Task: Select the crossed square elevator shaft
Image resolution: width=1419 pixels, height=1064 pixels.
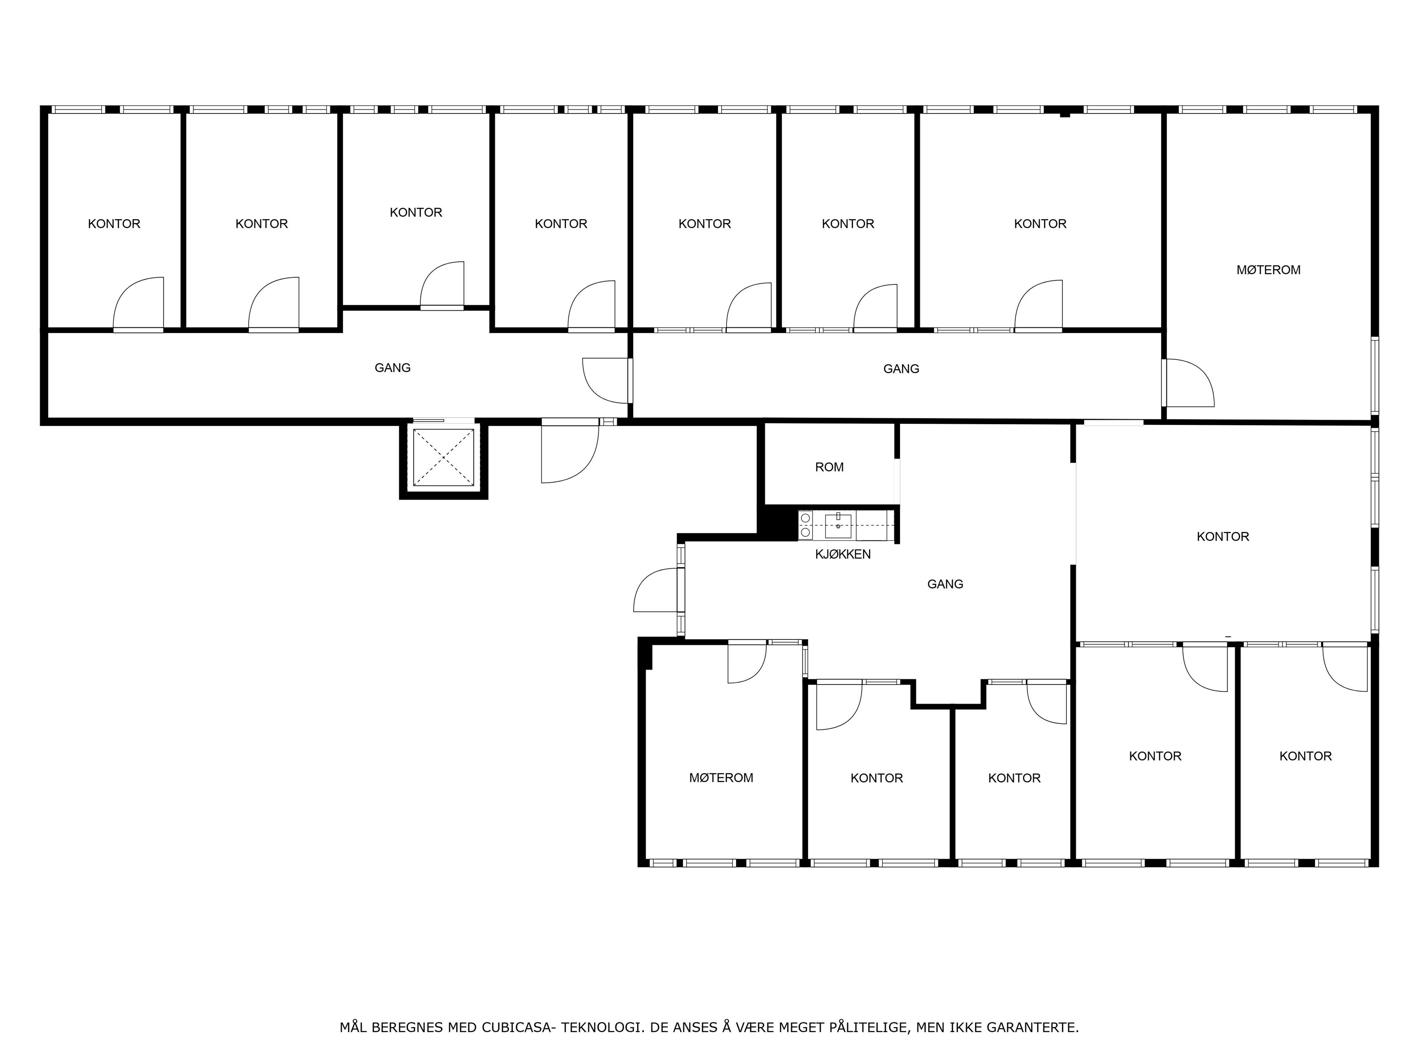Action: pyautogui.click(x=443, y=457)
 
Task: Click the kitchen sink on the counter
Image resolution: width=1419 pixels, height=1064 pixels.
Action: pyautogui.click(x=838, y=526)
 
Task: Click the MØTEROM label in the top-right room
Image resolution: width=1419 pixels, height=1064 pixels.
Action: pyautogui.click(x=1268, y=270)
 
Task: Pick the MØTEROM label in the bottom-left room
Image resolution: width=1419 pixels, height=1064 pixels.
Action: pyautogui.click(x=721, y=778)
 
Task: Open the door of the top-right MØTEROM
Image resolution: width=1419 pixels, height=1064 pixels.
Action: pyautogui.click(x=1188, y=383)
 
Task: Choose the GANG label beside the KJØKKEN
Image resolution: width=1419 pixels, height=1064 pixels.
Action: pyautogui.click(x=945, y=584)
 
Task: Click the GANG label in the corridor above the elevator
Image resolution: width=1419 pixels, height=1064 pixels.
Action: pyautogui.click(x=392, y=368)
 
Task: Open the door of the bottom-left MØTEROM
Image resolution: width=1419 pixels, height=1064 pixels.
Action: pyautogui.click(x=747, y=662)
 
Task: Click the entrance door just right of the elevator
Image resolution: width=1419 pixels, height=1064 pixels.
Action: pyautogui.click(x=570, y=451)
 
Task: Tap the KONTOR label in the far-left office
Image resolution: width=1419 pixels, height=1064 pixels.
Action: pyautogui.click(x=114, y=224)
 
